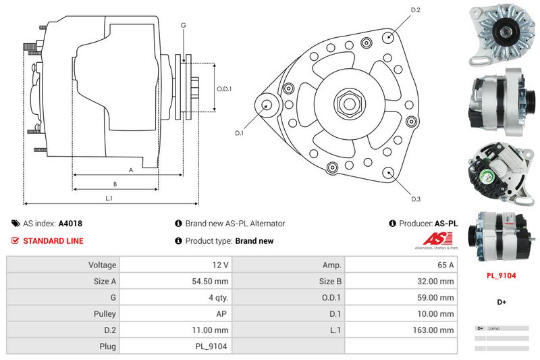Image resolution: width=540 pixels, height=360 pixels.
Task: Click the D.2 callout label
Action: (x=416, y=10)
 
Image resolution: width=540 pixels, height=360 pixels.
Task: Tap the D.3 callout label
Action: (x=416, y=199)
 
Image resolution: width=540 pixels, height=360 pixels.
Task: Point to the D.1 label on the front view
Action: (x=239, y=133)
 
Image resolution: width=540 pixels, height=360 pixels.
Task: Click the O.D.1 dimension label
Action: (x=224, y=89)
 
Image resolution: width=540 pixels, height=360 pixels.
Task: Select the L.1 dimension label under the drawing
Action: (x=109, y=198)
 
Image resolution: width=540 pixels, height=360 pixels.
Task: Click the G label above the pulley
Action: (x=183, y=25)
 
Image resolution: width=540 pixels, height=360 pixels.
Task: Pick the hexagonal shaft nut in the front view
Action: (x=350, y=103)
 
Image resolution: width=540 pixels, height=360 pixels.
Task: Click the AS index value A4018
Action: (x=70, y=223)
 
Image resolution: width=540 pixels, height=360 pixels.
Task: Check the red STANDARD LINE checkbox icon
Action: (x=16, y=240)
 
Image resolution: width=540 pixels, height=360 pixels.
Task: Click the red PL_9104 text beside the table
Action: (x=502, y=276)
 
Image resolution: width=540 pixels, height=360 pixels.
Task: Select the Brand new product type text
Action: (x=254, y=240)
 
